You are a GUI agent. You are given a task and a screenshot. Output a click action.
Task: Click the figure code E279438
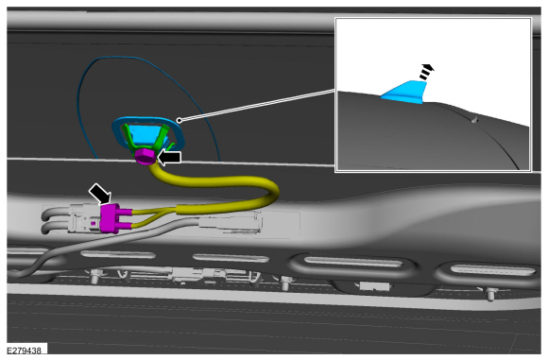25,351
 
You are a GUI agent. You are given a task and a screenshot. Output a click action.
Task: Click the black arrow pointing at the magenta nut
169,157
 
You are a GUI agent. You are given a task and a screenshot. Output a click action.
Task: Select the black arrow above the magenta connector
100,194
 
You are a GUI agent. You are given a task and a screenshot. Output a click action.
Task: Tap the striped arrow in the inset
426,72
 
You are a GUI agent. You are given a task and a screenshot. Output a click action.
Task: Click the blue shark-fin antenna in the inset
405,93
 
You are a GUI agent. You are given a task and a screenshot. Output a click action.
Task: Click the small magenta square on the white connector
93,223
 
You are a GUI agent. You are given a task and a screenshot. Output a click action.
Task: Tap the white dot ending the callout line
179,120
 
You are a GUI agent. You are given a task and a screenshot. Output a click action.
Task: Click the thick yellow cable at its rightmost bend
273,192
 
